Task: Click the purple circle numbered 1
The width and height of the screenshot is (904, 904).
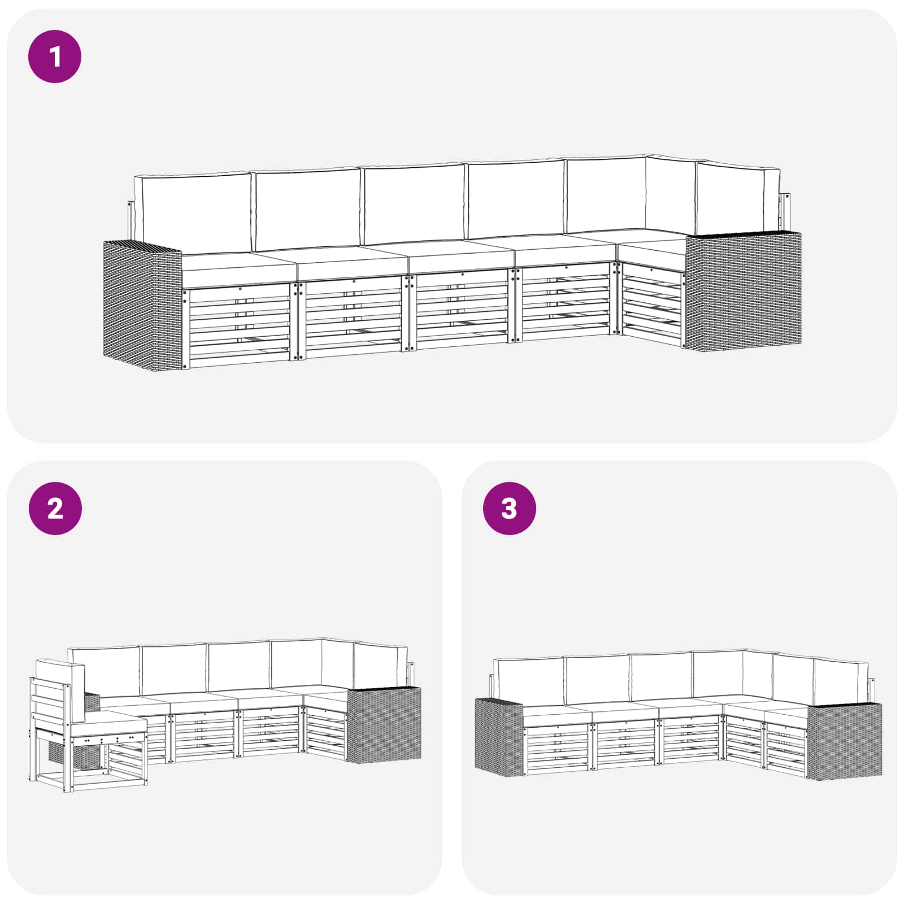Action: point(55,56)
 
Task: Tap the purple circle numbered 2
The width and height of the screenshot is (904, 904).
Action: point(55,508)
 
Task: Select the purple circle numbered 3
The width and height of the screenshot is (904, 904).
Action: point(509,508)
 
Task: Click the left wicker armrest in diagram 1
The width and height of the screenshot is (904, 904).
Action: point(142,305)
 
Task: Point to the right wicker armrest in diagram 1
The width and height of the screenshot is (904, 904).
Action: point(743,291)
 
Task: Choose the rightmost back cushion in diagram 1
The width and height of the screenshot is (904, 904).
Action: point(737,198)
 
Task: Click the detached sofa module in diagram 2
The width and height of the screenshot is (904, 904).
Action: point(88,726)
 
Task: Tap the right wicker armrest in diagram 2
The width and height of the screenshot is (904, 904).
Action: point(384,725)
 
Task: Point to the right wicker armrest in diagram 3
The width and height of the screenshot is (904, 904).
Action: point(844,742)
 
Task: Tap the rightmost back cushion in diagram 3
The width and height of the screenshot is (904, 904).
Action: point(841,682)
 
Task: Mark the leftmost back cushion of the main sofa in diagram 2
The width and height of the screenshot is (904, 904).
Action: point(105,672)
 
